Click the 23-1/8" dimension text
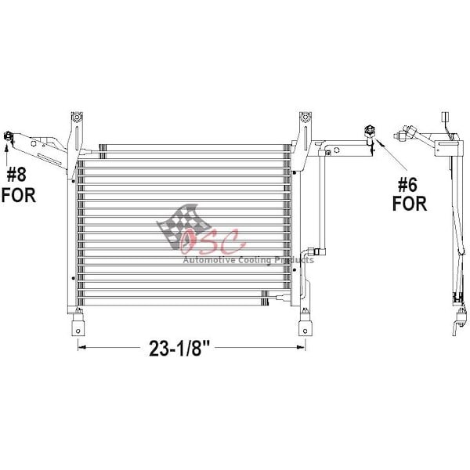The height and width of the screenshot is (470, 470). click(179, 348)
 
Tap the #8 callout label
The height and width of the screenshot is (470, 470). click(16, 175)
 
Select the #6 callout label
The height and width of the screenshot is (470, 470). click(407, 185)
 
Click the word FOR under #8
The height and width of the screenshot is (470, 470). click(19, 195)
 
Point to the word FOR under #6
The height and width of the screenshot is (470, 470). click(410, 204)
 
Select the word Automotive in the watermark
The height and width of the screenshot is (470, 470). click(209, 259)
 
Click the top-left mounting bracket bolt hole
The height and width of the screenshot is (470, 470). click(77, 117)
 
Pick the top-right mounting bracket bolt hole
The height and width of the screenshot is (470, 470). click(305, 117)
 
